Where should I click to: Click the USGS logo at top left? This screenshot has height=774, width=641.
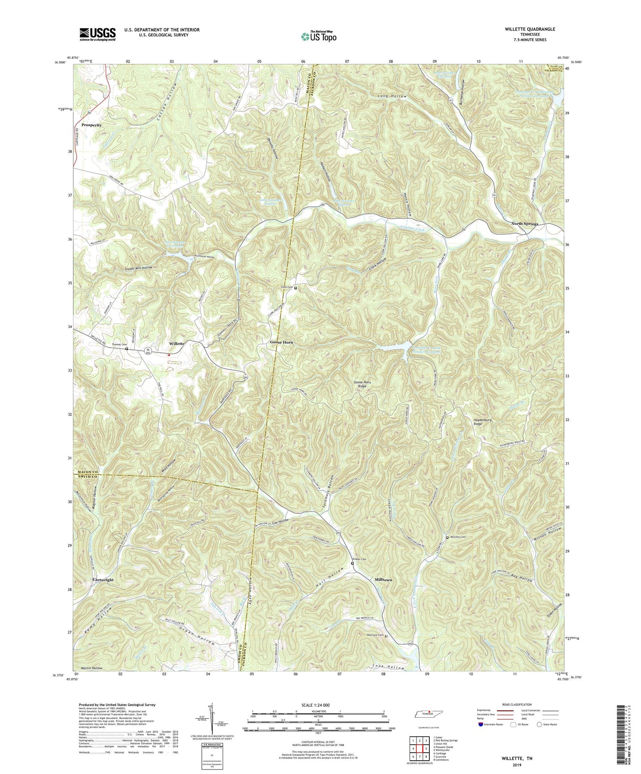(98, 34)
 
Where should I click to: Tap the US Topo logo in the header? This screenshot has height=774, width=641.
(318, 36)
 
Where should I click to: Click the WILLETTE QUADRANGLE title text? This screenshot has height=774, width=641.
(530, 29)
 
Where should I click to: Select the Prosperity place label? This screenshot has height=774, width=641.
(91, 125)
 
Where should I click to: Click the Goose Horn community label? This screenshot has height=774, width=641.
(282, 343)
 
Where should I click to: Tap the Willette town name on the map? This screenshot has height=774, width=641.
(177, 344)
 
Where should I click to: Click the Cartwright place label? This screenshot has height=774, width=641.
(103, 580)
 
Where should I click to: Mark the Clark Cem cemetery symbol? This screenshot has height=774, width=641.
(296, 288)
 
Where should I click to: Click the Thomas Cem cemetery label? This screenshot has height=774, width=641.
(119, 344)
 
